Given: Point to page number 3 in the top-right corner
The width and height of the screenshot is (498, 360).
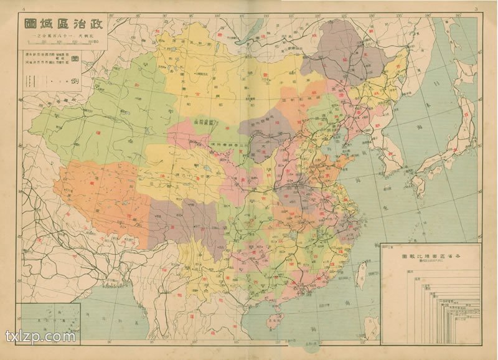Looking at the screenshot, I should pyautogui.click(x=475, y=9).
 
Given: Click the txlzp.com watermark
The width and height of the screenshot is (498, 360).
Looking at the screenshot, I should pyautogui.click(x=40, y=337).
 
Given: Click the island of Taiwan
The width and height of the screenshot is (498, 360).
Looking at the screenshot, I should pyautogui.click(x=360, y=274).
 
